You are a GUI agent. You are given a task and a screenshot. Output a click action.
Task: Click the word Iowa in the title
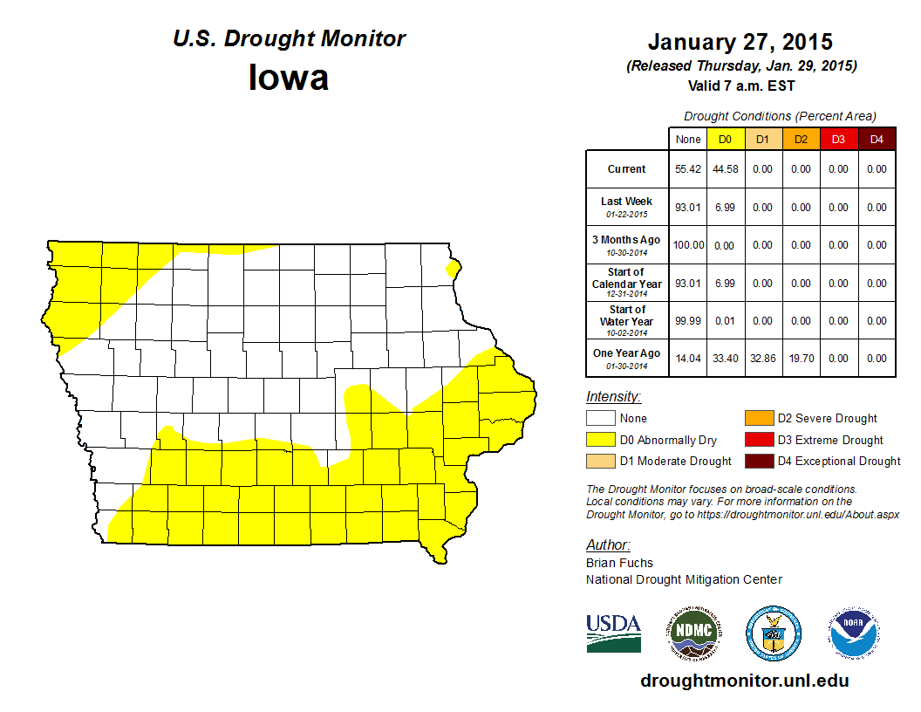coord(289,78)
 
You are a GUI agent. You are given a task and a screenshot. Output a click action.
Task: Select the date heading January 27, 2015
coord(740,42)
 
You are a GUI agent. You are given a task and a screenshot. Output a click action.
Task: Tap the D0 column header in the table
coord(725,140)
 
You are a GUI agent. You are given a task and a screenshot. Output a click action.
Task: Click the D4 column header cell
coord(877,140)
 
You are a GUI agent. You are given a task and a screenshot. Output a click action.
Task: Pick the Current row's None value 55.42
coord(688,169)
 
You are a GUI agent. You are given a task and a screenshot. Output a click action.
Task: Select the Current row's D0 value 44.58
coord(725,169)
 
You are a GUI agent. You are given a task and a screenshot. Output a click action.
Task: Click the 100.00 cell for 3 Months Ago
coord(688,245)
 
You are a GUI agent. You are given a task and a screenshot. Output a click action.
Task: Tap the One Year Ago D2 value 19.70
coord(801,358)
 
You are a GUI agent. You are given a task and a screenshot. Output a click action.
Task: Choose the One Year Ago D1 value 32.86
coord(762,358)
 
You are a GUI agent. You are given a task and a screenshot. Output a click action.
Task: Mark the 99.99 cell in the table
coord(688,320)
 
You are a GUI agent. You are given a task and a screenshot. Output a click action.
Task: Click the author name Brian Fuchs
coord(619,563)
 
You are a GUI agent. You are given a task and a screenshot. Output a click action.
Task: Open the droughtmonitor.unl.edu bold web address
coord(744,681)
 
